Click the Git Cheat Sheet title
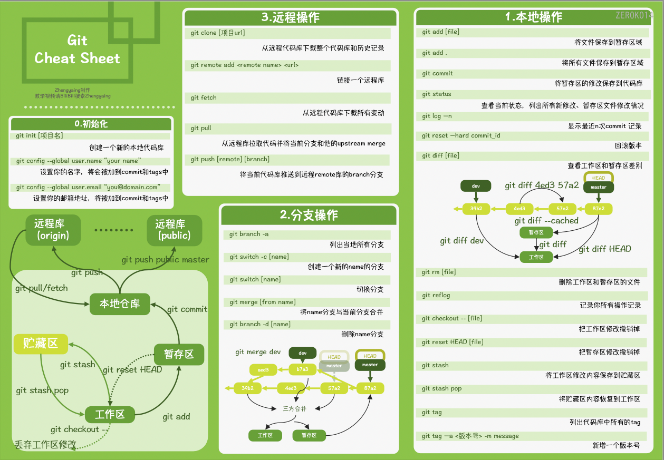point(78,50)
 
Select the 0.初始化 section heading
point(91,124)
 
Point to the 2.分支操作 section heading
point(309,215)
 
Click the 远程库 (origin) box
point(53,230)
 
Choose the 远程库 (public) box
point(174,230)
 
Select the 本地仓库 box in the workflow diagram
point(120,304)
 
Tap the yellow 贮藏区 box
point(41,344)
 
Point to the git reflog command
point(436,295)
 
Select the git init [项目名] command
point(40,135)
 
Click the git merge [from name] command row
point(263,302)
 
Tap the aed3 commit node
point(263,370)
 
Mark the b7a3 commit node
point(302,369)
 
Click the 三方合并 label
point(294,408)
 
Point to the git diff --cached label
point(546,221)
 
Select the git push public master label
point(165,259)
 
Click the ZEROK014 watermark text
point(634,15)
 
